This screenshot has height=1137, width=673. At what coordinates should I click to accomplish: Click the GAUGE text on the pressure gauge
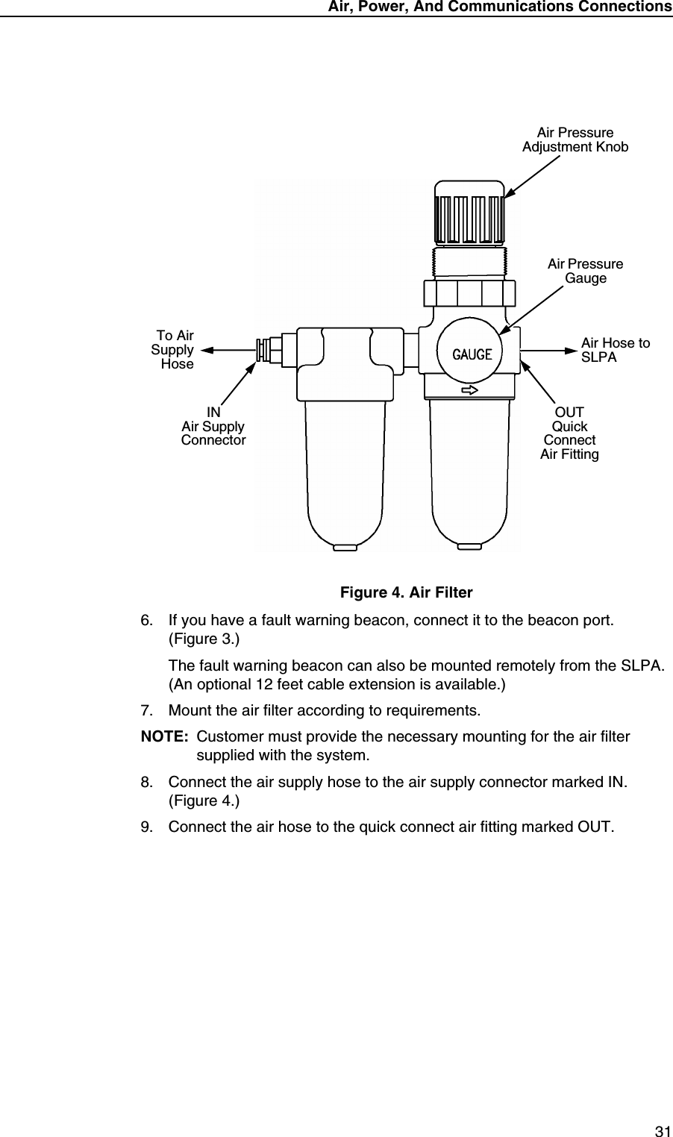472,354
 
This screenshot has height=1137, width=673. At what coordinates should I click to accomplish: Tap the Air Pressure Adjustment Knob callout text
575,140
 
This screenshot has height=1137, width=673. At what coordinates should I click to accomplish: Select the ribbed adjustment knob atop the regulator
469,212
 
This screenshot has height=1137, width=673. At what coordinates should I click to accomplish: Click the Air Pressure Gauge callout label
585,272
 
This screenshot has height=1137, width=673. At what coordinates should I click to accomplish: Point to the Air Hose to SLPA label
615,350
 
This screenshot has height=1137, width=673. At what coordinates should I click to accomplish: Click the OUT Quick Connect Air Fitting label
569,433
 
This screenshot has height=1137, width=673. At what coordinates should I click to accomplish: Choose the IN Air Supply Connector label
213,427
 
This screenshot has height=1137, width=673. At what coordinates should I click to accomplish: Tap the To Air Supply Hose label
173,350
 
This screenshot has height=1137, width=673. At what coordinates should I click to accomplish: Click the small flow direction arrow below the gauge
469,390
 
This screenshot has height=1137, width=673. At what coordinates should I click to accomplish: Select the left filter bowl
345,470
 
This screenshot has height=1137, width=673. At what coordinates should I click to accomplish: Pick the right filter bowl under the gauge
469,470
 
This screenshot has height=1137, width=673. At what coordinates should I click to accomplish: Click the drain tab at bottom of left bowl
345,547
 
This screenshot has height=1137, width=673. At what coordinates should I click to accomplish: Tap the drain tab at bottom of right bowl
469,547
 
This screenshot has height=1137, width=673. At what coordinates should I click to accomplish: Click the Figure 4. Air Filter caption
406,593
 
